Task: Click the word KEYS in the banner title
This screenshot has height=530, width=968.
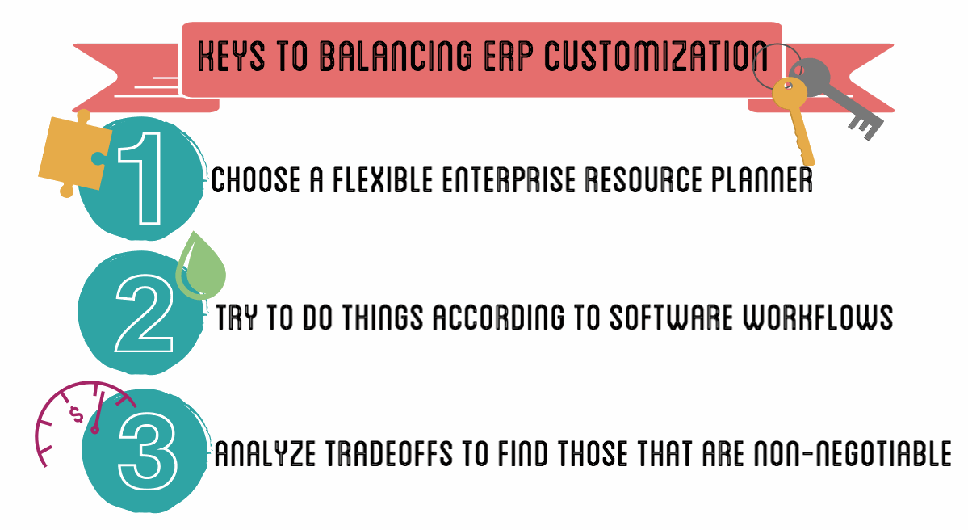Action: tap(232, 57)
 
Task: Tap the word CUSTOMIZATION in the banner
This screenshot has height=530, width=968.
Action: tap(656, 57)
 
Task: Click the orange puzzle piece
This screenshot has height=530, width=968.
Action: tap(72, 154)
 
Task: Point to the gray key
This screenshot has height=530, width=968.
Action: tap(836, 96)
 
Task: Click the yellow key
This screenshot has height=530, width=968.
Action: tap(795, 120)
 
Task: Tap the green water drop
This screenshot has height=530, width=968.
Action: tap(201, 266)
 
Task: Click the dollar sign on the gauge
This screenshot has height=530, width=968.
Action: tap(77, 414)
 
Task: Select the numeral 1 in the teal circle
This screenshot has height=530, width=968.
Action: tap(142, 179)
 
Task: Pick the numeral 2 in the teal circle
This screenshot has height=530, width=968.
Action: tap(144, 313)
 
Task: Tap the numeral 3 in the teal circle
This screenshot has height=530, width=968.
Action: tap(148, 451)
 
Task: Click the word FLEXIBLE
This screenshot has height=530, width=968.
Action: tap(382, 180)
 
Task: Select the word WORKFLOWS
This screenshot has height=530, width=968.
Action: tap(817, 318)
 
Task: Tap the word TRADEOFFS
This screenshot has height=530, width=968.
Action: tap(389, 454)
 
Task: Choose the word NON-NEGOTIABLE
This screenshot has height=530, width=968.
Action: tap(853, 454)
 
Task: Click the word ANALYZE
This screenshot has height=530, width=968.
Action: tap(265, 454)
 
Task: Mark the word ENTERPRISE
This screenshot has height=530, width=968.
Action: tap(509, 180)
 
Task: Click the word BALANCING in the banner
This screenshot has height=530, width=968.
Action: tap(395, 57)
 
